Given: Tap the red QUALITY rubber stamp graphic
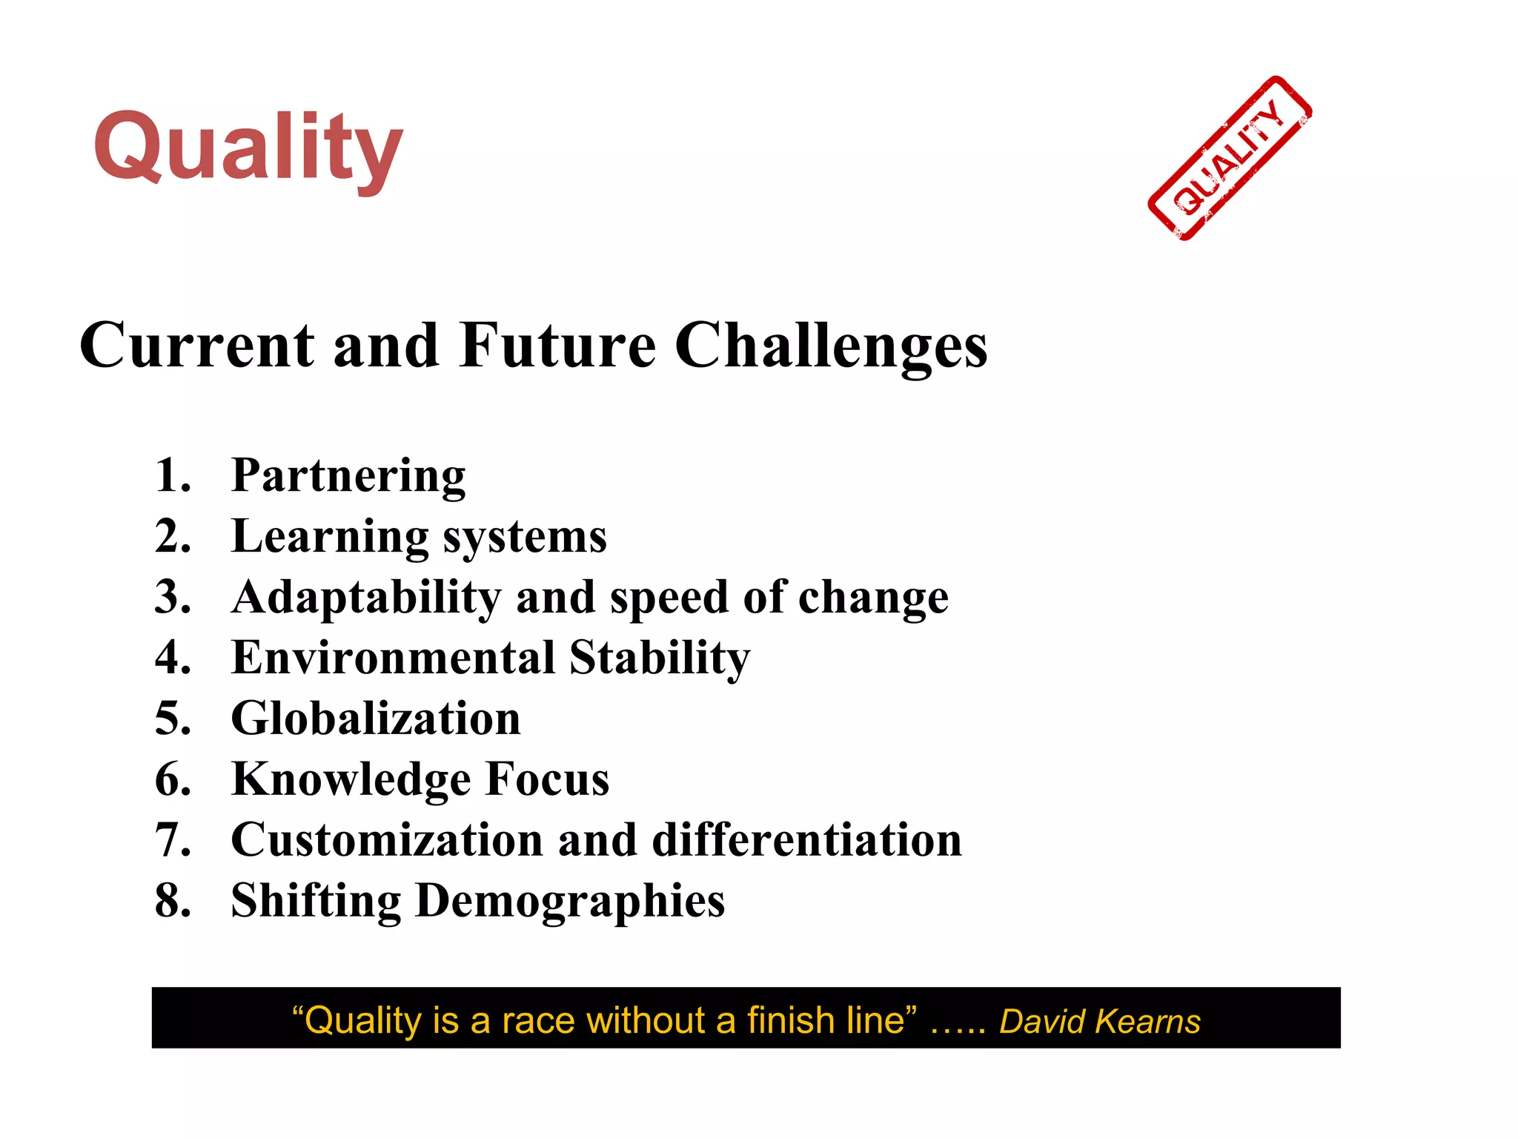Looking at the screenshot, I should pyautogui.click(x=1230, y=159).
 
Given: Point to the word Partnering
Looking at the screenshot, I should pyautogui.click(x=348, y=475).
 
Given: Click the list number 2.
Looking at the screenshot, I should pyautogui.click(x=172, y=536).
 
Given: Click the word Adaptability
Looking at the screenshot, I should pyautogui.click(x=366, y=598).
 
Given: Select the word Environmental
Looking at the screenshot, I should pyautogui.click(x=393, y=658).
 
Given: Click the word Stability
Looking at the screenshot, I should pyautogui.click(x=660, y=659).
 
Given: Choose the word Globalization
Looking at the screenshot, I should pyautogui.click(x=376, y=719).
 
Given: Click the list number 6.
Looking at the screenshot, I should pyautogui.click(x=172, y=779).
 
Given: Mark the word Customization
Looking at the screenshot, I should pyautogui.click(x=387, y=840).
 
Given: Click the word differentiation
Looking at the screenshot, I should pyautogui.click(x=806, y=840).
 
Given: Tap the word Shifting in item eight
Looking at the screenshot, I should pyautogui.click(x=316, y=902).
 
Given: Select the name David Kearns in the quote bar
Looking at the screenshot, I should pyautogui.click(x=1099, y=1022).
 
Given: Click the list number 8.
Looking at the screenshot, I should pyautogui.click(x=172, y=901).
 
